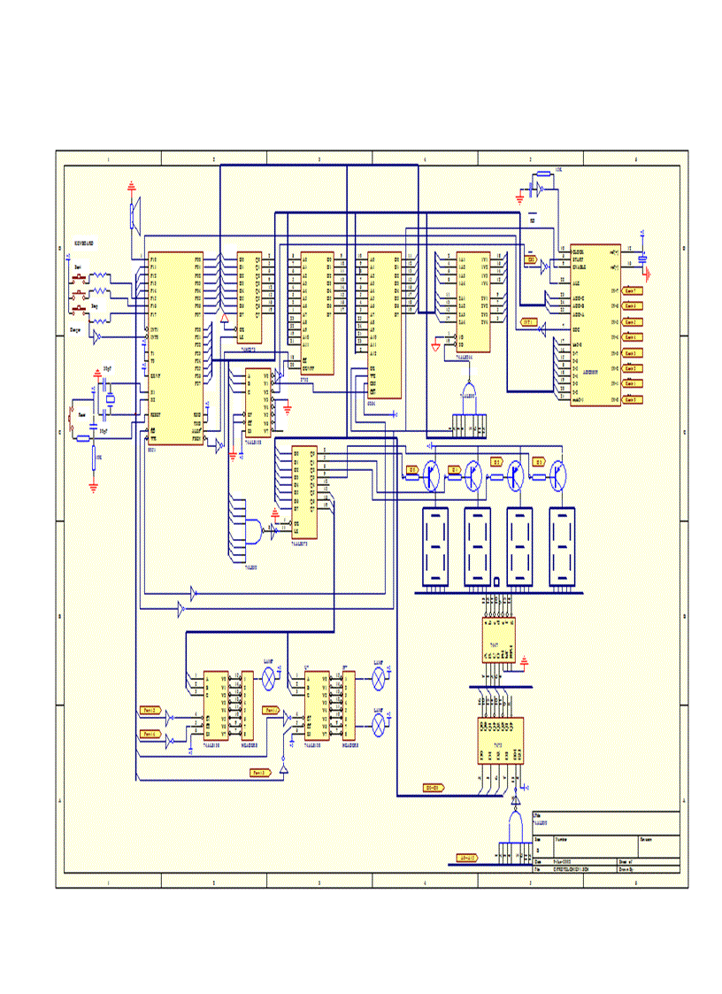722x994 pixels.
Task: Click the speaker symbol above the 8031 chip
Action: tap(134, 215)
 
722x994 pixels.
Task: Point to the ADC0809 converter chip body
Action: tap(594, 325)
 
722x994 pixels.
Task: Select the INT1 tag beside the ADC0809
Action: tap(529, 321)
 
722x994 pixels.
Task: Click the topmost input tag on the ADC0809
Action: tap(632, 289)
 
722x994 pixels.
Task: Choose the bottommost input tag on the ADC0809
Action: tap(632, 400)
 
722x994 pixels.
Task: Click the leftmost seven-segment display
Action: tap(434, 546)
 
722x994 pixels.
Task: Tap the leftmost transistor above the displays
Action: tap(432, 474)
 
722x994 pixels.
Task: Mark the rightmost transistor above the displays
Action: tap(559, 474)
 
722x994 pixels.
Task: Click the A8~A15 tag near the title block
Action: tap(466, 858)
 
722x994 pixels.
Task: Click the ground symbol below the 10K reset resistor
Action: tap(94, 485)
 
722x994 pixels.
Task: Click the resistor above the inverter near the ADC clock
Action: tap(542, 176)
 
